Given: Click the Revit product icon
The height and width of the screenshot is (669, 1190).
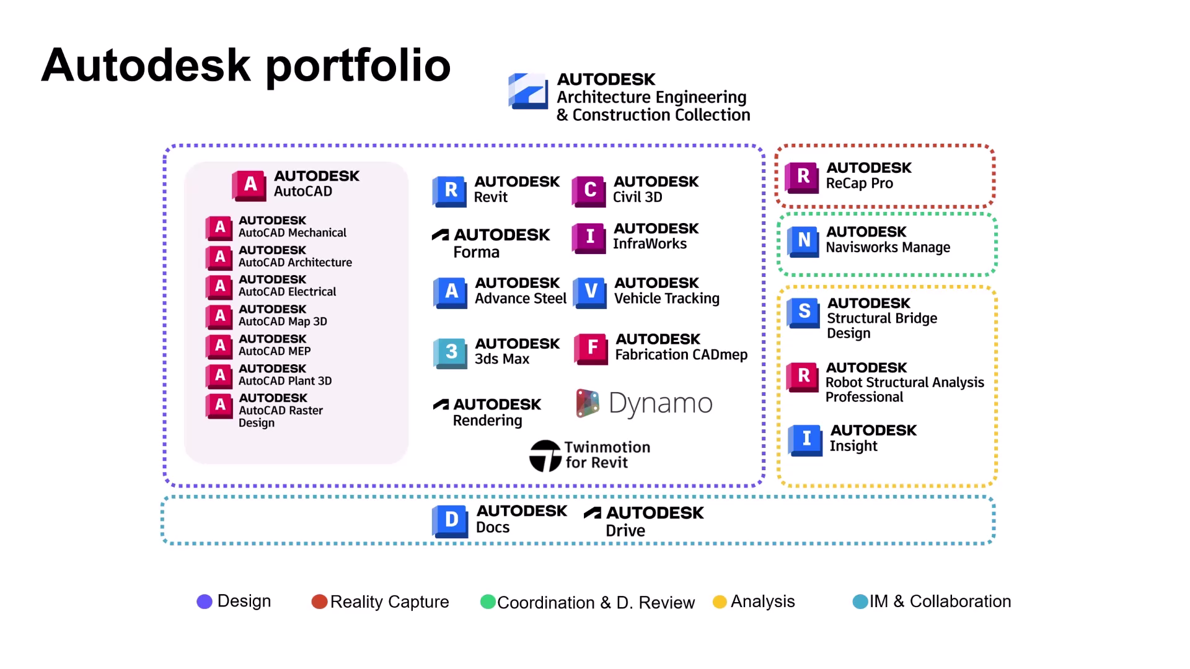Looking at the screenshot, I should click(x=451, y=191).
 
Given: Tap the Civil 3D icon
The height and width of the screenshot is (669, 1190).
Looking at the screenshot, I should click(x=589, y=191).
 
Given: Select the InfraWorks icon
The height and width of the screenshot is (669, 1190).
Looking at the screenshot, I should click(x=589, y=237).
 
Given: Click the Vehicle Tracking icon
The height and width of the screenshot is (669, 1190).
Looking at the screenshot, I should click(x=590, y=292).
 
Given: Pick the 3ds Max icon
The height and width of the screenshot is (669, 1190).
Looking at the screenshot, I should click(x=451, y=352).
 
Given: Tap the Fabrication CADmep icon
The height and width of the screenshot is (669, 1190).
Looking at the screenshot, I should click(x=591, y=348).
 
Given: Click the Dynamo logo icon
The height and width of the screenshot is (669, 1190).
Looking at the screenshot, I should click(x=587, y=403).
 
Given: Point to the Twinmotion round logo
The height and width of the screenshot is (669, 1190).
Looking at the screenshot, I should click(x=545, y=456).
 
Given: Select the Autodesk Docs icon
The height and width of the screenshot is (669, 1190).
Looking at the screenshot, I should click(x=451, y=520).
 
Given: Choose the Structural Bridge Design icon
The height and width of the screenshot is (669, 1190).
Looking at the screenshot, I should click(x=803, y=312).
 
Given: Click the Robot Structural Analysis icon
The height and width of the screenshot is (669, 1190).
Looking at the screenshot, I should click(x=803, y=377).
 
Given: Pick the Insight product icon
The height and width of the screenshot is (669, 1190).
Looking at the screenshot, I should click(x=805, y=439).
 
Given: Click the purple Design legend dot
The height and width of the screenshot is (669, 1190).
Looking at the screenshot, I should click(x=205, y=601).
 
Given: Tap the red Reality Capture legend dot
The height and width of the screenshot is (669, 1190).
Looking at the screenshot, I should click(x=319, y=602).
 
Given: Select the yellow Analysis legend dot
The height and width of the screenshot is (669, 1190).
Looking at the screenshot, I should click(x=720, y=602).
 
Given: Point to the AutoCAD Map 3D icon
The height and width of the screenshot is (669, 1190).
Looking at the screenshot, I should click(x=219, y=317).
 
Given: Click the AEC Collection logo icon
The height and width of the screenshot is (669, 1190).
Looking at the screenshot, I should click(x=528, y=91).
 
